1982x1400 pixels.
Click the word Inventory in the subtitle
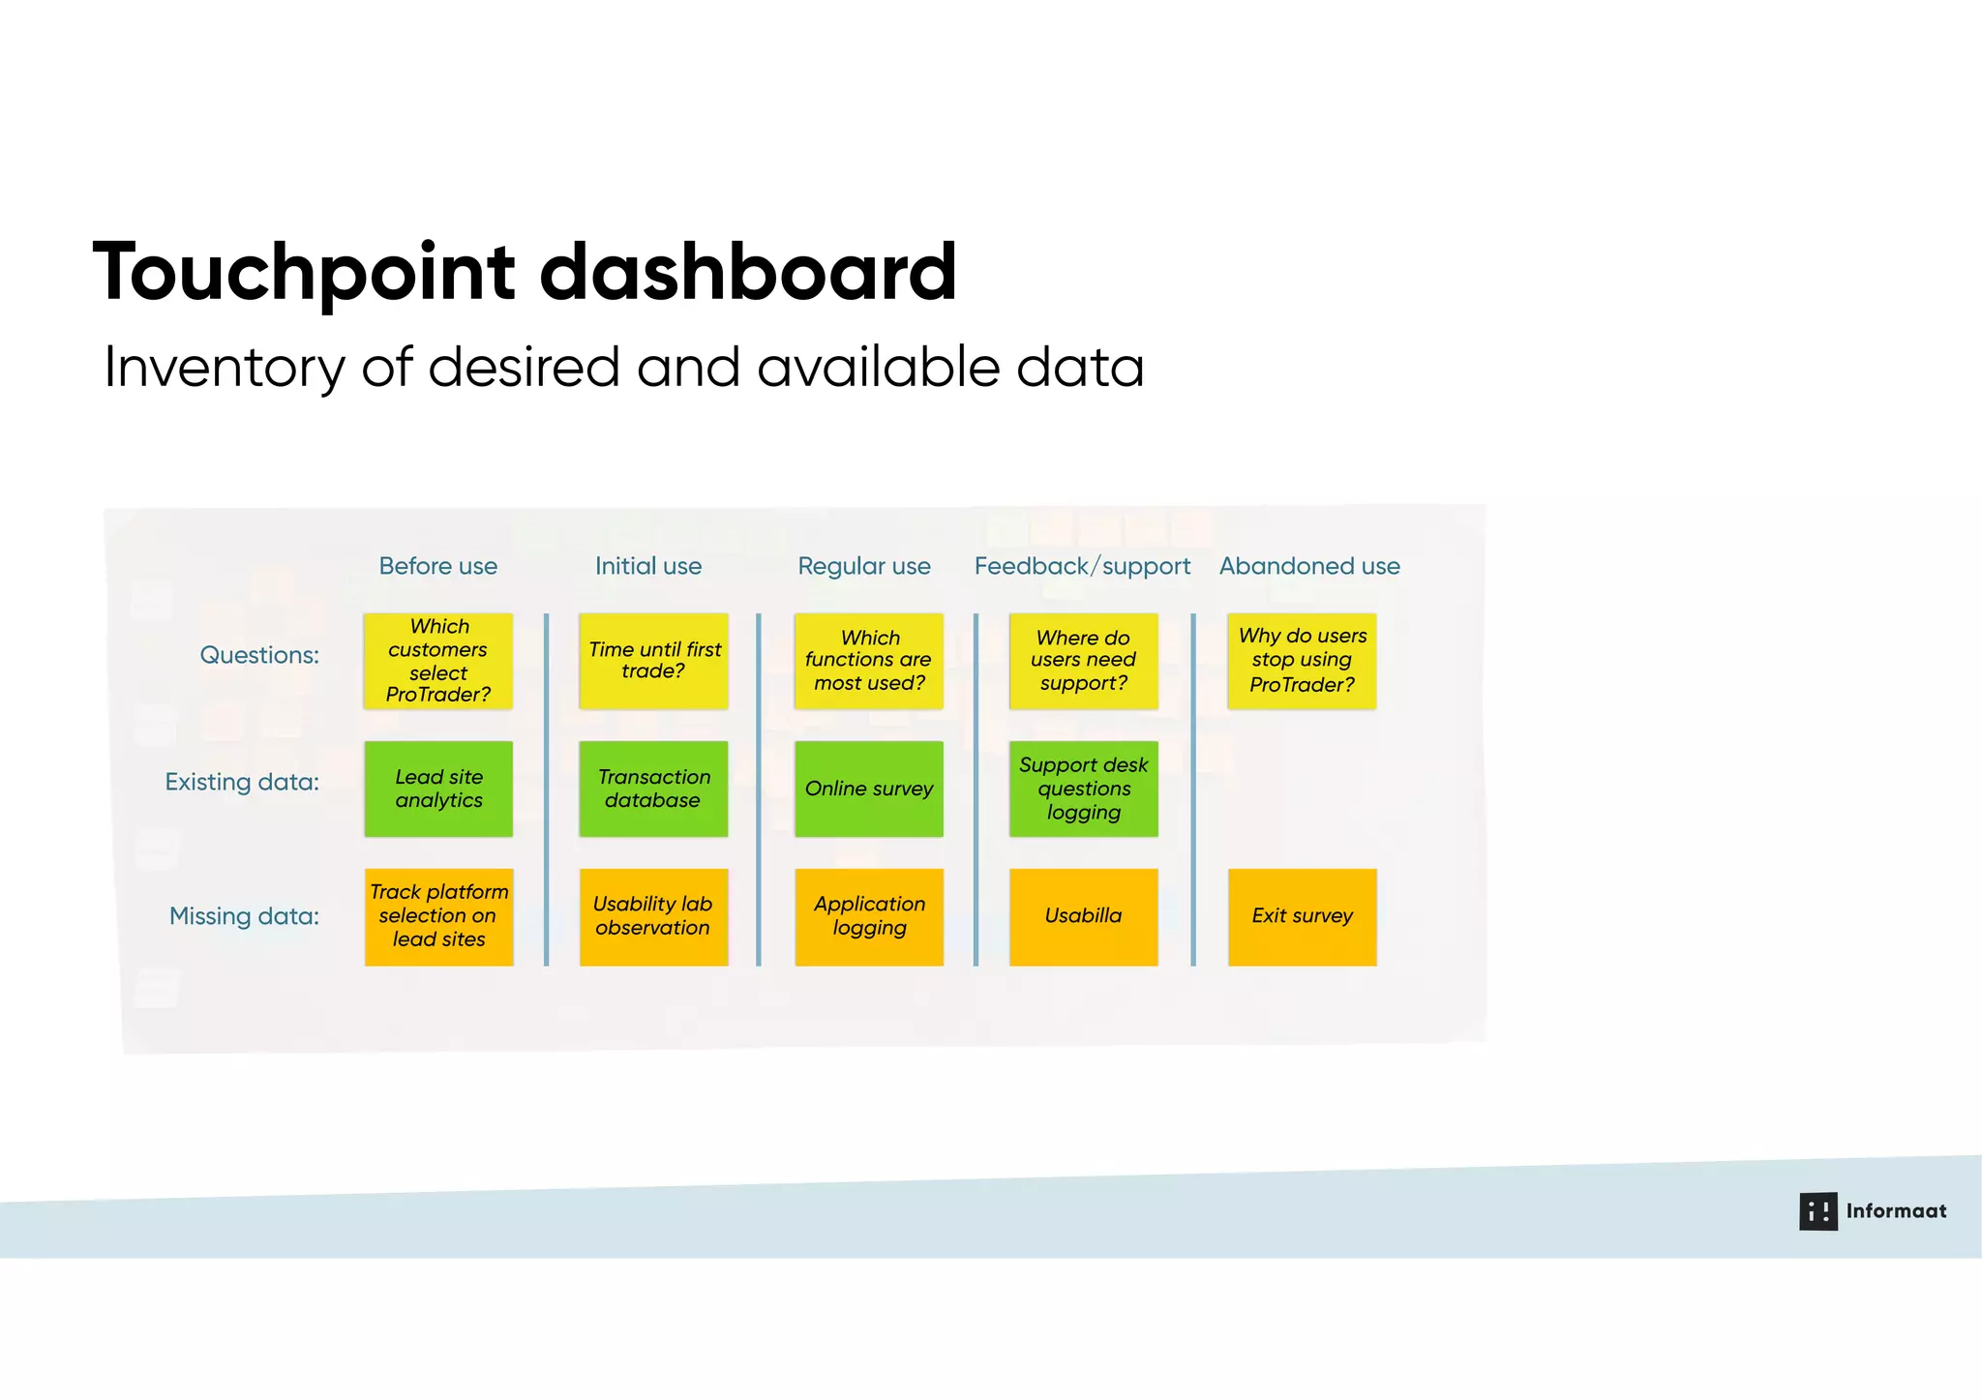[224, 369]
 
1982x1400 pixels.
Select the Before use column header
[437, 566]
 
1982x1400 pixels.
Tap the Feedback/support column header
[1082, 566]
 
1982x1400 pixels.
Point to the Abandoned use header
[1308, 566]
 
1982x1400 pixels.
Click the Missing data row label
[244, 916]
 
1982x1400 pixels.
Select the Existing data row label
[242, 782]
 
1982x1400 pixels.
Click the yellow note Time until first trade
[653, 661]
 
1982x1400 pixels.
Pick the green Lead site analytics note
[438, 789]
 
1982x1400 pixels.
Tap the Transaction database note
[653, 789]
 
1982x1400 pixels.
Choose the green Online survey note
[868, 789]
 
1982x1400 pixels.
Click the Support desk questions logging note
[1083, 789]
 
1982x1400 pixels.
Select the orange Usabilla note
[1083, 916]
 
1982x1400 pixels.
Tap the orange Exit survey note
[1302, 916]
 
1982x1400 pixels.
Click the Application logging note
[868, 916]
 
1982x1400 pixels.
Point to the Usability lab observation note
[653, 916]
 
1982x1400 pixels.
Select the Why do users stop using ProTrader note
[1302, 661]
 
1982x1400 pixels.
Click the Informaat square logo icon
[1817, 1211]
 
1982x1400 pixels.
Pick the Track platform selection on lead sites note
[438, 916]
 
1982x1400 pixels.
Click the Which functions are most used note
[868, 661]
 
